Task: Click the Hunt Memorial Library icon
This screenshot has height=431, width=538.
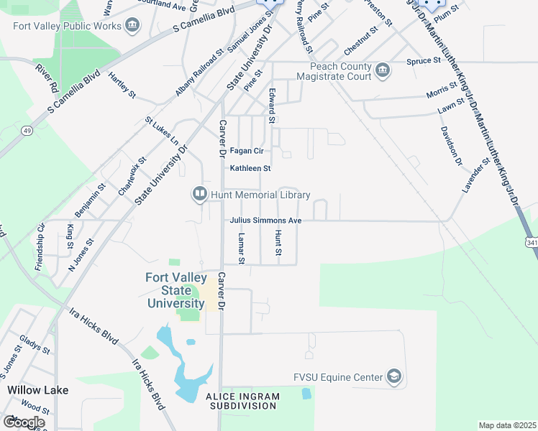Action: [198, 194]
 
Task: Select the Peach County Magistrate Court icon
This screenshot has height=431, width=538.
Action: [383, 70]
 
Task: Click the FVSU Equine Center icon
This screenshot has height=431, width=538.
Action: [393, 376]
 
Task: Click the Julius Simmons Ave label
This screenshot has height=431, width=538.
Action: [265, 221]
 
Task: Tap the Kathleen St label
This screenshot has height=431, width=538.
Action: [250, 168]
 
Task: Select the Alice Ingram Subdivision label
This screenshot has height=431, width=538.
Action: [241, 401]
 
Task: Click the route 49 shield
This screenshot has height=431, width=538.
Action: [27, 130]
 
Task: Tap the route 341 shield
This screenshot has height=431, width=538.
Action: [532, 243]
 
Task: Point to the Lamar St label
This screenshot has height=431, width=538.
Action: [242, 249]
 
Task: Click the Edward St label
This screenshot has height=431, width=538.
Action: [272, 106]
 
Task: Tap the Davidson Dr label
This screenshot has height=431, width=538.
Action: [451, 147]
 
